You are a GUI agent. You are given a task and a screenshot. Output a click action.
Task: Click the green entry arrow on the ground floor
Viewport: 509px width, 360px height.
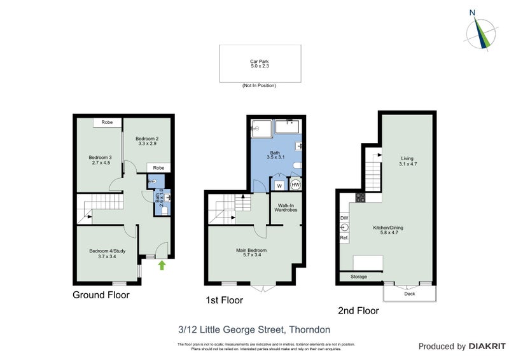pos(162,265)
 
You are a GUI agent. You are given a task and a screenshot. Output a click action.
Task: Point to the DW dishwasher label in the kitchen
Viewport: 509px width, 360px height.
pos(344,218)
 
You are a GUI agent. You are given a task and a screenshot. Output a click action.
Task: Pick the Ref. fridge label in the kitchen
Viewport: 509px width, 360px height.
pos(344,237)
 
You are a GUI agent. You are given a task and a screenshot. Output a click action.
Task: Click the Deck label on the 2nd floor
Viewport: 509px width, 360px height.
pos(409,294)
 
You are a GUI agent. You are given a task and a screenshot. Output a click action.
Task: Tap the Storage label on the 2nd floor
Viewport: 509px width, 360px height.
pos(359,277)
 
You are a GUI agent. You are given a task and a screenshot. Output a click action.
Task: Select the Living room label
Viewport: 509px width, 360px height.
pos(407,162)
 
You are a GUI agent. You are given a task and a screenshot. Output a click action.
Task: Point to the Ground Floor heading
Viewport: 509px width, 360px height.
pos(101,295)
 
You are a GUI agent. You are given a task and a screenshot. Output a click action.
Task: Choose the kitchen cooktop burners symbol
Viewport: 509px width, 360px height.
pos(359,197)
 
